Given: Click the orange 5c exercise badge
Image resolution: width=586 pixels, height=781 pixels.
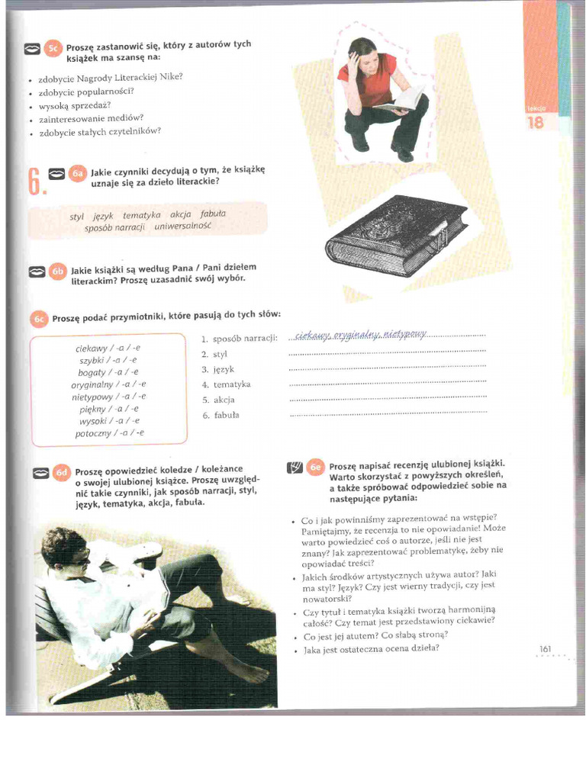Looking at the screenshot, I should [x=53, y=49].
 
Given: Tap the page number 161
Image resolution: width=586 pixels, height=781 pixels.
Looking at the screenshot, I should [x=545, y=648].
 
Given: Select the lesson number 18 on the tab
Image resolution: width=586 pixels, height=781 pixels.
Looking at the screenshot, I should [x=536, y=122].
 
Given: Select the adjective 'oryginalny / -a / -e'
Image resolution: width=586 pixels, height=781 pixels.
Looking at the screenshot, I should [x=108, y=384].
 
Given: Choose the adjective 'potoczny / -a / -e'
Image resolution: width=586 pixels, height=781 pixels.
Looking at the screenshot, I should [x=109, y=433].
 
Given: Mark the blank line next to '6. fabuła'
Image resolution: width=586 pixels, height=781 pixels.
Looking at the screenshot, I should [x=388, y=415].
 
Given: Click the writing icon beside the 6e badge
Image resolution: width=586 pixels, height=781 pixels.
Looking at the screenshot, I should [x=295, y=468].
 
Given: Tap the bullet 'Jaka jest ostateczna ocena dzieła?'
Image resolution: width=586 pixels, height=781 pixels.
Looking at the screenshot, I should [x=371, y=650].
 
